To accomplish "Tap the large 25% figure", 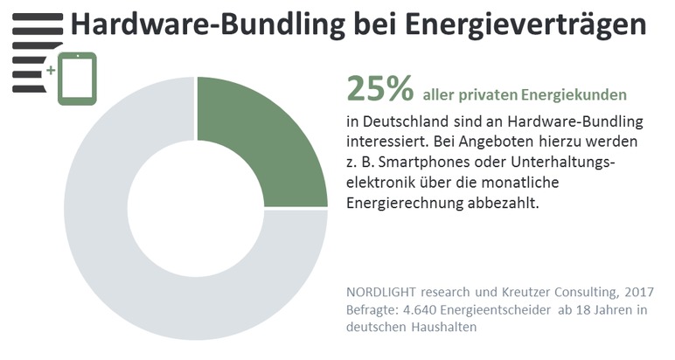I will [379, 88].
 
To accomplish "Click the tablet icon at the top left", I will [77, 78].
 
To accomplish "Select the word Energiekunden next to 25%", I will [577, 93].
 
